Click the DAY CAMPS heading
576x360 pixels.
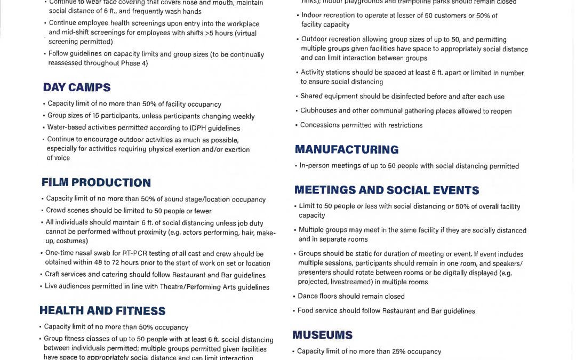(x=77, y=87)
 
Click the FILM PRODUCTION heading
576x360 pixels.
(x=96, y=183)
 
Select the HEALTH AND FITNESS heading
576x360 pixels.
(x=102, y=311)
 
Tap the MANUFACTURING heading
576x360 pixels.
(x=347, y=150)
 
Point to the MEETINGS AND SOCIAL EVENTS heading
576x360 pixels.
(x=387, y=190)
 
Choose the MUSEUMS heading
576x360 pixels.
(x=322, y=335)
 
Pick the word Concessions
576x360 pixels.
(x=319, y=125)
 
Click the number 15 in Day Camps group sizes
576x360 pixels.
(x=97, y=116)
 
